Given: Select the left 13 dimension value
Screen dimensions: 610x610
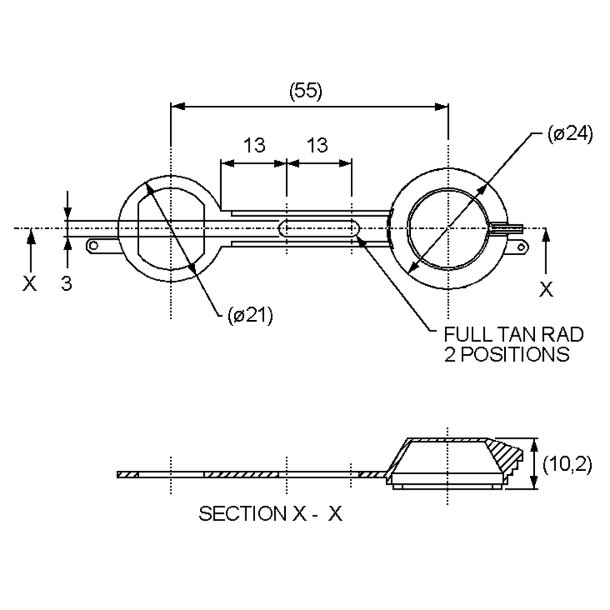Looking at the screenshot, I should click(254, 145).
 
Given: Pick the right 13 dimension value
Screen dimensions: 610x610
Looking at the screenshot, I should click(318, 145).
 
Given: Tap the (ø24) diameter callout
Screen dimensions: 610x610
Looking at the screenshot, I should click(570, 134).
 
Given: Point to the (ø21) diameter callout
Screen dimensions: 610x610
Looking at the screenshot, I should click(250, 315).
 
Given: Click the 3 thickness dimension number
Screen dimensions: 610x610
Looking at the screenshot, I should click(66, 283).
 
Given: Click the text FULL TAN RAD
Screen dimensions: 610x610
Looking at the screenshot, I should click(513, 334).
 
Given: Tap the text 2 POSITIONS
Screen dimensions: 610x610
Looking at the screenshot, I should click(507, 354).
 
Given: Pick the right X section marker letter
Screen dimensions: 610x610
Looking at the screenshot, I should click(546, 289).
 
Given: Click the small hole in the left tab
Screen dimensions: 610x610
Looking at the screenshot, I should click(94, 246).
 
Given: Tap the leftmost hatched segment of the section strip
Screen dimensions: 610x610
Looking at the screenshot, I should click(128, 474).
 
